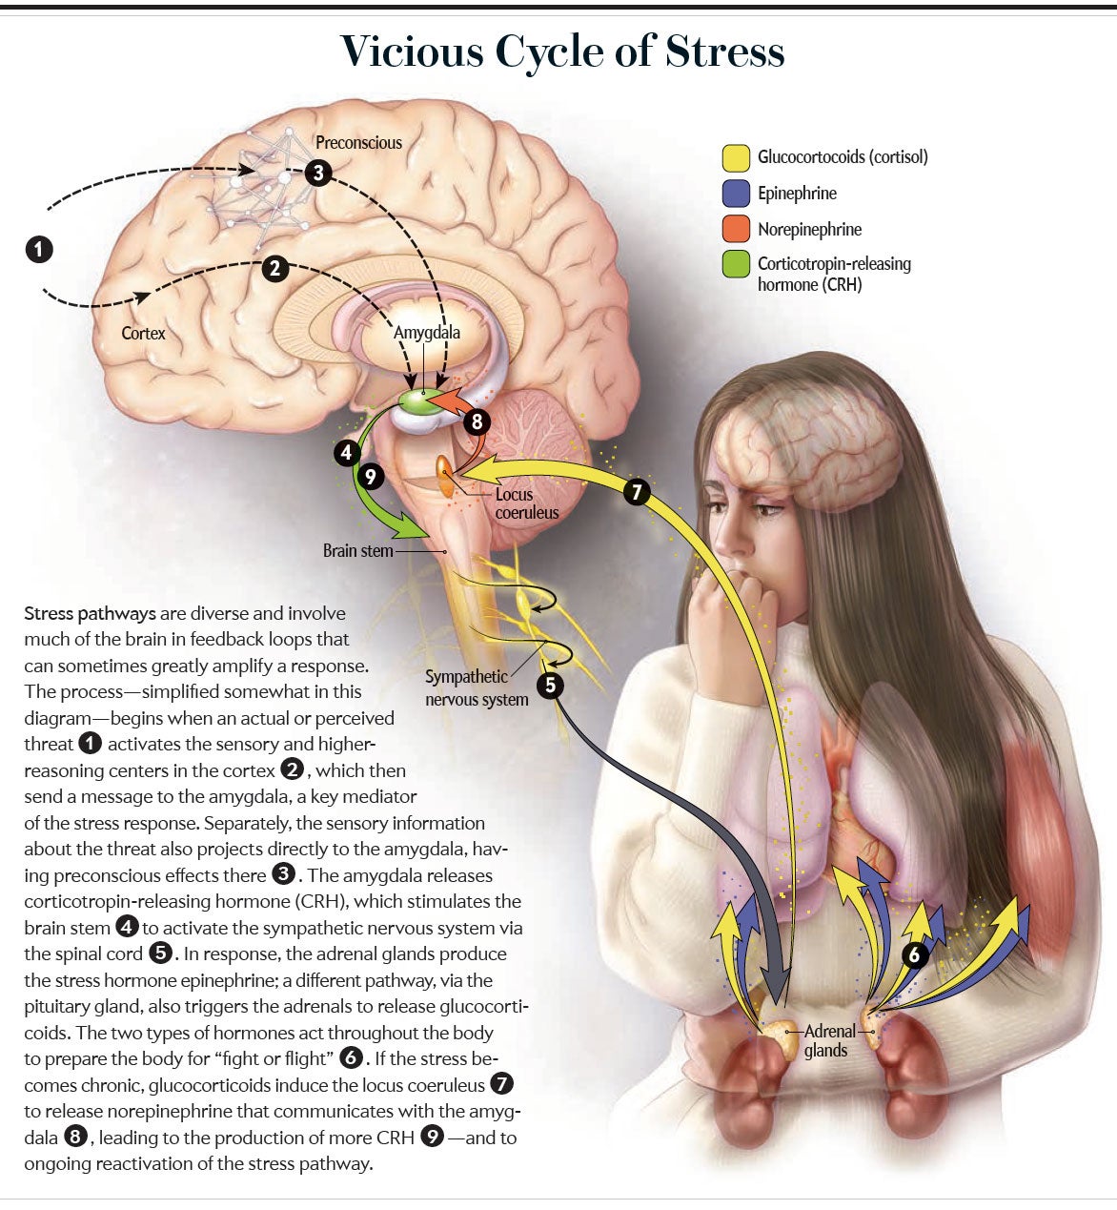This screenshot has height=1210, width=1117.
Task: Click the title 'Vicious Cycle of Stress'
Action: point(562,51)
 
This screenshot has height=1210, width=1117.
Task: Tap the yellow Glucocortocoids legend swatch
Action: point(736,157)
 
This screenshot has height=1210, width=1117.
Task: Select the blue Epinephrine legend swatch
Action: point(736,194)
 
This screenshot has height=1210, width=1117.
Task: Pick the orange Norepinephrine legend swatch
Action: point(736,230)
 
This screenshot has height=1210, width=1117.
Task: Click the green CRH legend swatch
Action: point(736,264)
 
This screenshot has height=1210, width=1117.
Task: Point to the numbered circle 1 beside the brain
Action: point(39,250)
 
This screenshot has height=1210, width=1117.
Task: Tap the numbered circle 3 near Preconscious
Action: point(318,173)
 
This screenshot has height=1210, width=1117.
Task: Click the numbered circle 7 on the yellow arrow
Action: point(637,492)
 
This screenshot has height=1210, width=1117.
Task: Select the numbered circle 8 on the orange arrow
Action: point(477,421)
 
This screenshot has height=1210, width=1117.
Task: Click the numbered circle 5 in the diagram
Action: point(550,686)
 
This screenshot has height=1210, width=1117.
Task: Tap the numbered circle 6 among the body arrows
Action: point(914,955)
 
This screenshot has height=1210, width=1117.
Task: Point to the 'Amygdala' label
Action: point(426,334)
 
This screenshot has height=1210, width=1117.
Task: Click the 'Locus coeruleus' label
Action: point(526,503)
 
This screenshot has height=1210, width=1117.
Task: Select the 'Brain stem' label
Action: point(357,551)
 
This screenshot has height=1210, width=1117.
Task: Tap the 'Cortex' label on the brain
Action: point(143,334)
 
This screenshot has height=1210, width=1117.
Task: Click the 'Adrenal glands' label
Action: point(829,1040)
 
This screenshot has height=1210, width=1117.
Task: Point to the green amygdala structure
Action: point(419,400)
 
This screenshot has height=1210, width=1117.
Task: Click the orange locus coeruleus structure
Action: point(444,476)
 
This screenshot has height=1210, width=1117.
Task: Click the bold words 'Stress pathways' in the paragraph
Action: point(91,613)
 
